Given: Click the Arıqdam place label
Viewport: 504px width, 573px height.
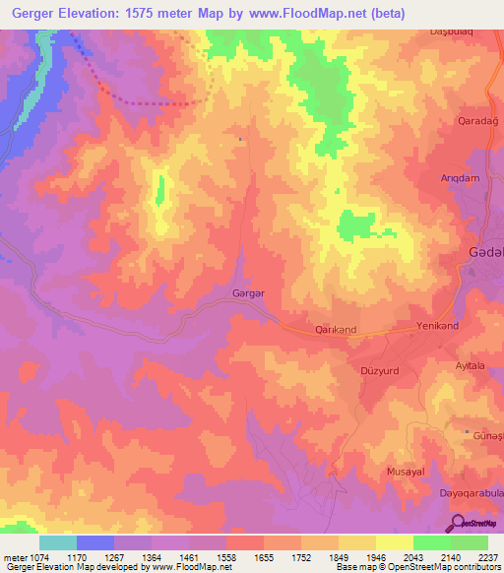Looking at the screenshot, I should [x=460, y=178].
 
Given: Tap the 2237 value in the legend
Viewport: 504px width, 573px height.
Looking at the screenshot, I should [x=489, y=557].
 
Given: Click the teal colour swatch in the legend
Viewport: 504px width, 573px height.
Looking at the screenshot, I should [x=57, y=542].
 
